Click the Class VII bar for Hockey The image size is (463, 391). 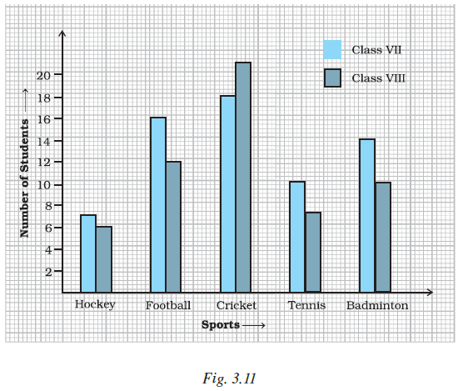coord(88,253)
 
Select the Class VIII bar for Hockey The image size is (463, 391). coord(104,259)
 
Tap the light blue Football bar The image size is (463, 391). coord(158,205)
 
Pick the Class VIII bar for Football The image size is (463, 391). coord(173,227)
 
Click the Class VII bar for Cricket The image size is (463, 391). coord(228,194)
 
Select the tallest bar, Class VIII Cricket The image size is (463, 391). coord(243,178)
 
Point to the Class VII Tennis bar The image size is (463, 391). coord(297,237)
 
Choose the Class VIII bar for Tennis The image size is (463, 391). coord(313,252)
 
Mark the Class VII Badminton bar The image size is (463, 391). coord(367,215)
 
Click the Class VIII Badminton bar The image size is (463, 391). coord(383,238)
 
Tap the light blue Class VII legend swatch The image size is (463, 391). coord(332,50)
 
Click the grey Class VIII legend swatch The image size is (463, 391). coord(332,78)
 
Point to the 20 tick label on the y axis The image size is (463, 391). coord(43,76)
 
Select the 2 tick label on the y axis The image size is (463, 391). coord(48,272)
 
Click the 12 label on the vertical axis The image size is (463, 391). coord(43,163)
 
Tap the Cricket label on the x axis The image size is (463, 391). coord(236,305)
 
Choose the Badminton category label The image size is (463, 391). coord(377,305)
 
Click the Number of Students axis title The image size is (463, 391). coord(24,178)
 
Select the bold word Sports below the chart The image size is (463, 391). coord(221,325)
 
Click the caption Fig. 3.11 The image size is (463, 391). coord(229,378)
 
